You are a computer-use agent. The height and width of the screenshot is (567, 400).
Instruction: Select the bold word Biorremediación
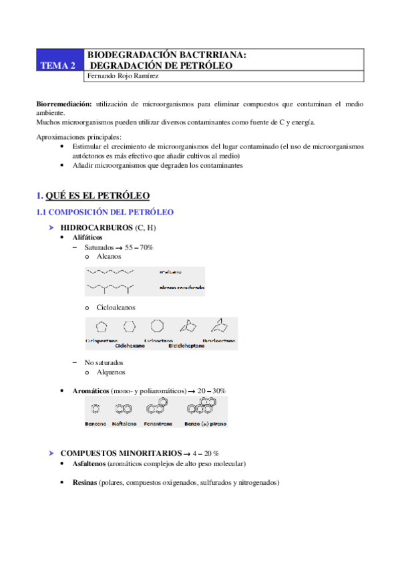[64, 104]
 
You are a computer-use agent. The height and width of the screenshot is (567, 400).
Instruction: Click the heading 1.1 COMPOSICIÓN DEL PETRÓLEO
[104, 212]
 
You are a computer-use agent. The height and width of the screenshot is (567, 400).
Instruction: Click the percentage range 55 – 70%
[139, 247]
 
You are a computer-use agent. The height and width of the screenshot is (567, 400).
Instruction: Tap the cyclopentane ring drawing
[102, 327]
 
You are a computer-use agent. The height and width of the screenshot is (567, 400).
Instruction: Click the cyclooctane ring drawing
[158, 326]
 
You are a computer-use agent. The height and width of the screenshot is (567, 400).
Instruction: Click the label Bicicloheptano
[190, 346]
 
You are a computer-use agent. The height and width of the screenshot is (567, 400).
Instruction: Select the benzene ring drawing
[95, 407]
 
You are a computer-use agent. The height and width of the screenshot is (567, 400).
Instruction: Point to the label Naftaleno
[124, 423]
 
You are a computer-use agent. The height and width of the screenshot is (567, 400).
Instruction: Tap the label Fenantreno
[162, 423]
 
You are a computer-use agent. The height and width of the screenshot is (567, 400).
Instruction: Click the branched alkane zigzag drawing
[111, 288]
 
